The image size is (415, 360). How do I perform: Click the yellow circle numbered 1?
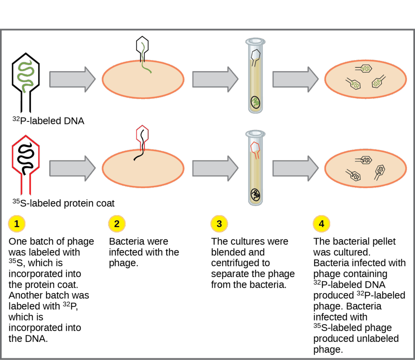point(17,224)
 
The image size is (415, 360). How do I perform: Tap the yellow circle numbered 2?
point(117,224)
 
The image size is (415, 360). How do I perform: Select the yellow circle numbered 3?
point(219,224)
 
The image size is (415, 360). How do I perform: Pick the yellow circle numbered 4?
point(321,224)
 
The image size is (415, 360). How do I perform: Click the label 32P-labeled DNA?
point(48,121)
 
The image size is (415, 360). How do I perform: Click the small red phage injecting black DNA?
point(142,140)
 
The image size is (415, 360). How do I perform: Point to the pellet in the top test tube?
point(255,101)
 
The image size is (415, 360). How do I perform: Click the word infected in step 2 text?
point(126,252)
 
